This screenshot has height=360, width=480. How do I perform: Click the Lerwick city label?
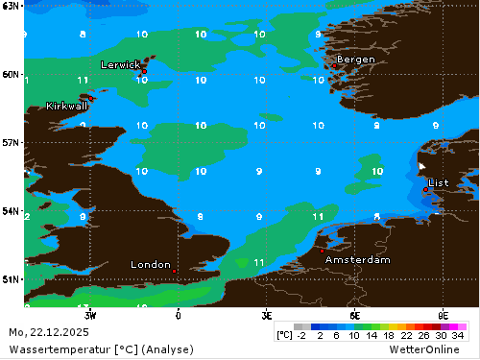[120, 64]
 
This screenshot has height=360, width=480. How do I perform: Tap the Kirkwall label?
[66, 106]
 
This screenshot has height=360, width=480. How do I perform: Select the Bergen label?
[355, 60]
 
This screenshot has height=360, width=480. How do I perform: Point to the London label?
[151, 265]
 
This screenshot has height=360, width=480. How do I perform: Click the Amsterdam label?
[357, 260]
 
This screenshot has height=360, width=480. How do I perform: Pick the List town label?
[438, 181]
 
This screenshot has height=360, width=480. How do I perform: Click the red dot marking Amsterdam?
[323, 251]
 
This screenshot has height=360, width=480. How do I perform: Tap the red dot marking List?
[425, 189]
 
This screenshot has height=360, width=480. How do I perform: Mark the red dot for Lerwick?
[144, 71]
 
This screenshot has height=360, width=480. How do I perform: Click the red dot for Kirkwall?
[92, 97]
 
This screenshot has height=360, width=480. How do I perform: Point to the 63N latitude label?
[12, 6]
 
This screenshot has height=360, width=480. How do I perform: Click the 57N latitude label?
[12, 142]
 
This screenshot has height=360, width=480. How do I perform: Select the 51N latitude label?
[12, 279]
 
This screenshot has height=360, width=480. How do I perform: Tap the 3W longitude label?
[89, 314]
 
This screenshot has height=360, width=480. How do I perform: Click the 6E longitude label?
[355, 314]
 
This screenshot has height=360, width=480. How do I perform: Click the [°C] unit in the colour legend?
[284, 336]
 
